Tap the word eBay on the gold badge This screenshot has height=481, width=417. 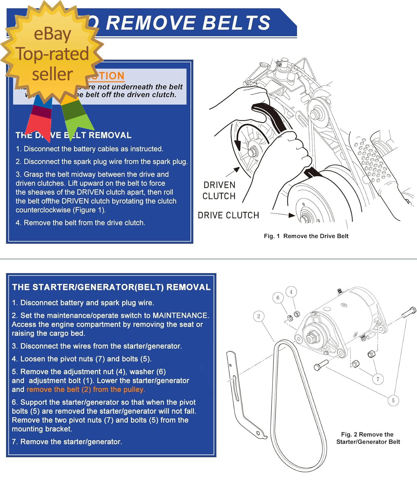(x=52, y=34)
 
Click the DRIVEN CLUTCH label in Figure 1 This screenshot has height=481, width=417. (x=219, y=190)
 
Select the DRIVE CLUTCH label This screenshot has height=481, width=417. (x=228, y=215)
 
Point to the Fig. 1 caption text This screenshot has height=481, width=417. (x=306, y=236)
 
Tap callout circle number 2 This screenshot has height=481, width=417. (x=259, y=316)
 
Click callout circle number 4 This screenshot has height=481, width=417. (x=291, y=292)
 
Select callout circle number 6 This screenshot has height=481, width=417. (x=278, y=298)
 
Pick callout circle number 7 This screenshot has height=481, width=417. (x=378, y=379)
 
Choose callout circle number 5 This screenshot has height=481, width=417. (x=393, y=400)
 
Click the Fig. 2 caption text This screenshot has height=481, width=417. (x=368, y=438)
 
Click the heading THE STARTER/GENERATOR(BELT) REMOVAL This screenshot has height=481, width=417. (x=111, y=287)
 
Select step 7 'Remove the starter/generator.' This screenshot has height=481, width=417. (x=67, y=442)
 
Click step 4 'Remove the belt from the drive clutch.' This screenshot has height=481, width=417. (x=80, y=223)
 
